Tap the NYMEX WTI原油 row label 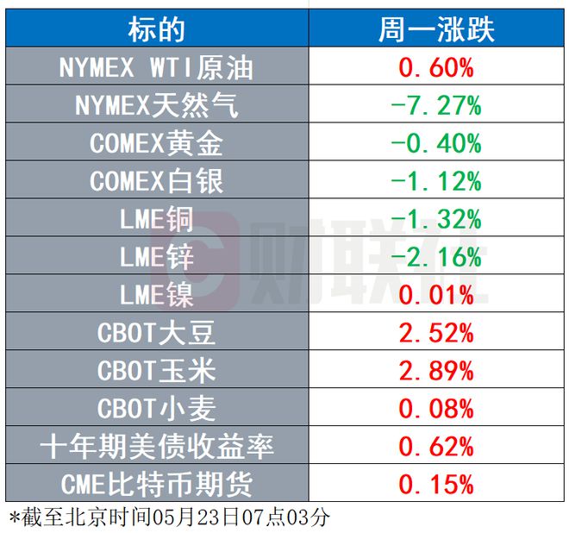click(156, 68)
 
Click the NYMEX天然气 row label click(156, 106)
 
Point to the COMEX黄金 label click(156, 143)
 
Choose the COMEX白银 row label click(156, 181)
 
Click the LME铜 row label click(156, 219)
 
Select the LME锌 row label click(156, 257)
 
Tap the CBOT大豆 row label click(156, 333)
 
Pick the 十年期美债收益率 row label click(156, 446)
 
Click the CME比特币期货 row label click(156, 483)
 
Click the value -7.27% click(436, 106)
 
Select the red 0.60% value click(436, 68)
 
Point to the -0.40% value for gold click(436, 143)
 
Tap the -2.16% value click(436, 257)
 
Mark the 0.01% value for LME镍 click(436, 295)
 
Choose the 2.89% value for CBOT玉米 click(436, 371)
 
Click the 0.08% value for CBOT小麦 click(436, 408)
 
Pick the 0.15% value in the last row click(436, 483)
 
